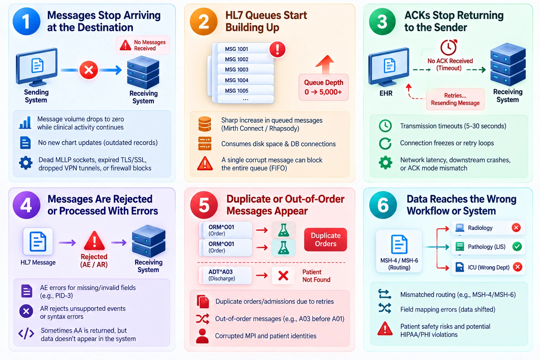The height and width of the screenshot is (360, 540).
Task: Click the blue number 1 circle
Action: point(26,21)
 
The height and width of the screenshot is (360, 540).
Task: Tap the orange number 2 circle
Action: point(204,21)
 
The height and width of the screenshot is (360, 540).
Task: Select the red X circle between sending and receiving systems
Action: point(89,70)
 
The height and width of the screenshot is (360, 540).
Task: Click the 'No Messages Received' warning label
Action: point(143,45)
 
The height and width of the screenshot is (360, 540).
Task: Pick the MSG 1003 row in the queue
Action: point(245,70)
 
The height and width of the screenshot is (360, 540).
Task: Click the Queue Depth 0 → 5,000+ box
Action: point(323,87)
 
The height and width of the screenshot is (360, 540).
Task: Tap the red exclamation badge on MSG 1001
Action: point(277,49)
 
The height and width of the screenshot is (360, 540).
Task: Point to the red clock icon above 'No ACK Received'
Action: point(449,47)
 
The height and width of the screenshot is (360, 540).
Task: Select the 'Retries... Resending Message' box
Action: point(455,99)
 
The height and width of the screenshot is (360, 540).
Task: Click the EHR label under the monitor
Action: point(386,93)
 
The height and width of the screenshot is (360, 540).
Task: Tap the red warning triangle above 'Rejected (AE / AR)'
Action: point(95,240)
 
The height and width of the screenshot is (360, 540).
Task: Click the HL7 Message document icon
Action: point(38,242)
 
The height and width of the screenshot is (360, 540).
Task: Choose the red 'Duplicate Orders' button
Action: point(326,239)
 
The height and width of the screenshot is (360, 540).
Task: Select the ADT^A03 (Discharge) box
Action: point(226,275)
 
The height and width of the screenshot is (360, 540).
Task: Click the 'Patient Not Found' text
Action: point(316,276)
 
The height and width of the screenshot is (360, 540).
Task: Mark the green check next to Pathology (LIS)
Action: point(517,246)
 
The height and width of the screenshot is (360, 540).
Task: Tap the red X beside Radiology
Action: point(516,227)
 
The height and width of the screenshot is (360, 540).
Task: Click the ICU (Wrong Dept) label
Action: point(489,268)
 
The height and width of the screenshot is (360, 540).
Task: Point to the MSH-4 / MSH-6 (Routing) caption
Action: point(399,264)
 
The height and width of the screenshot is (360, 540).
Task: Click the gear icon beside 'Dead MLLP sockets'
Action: point(26,163)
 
